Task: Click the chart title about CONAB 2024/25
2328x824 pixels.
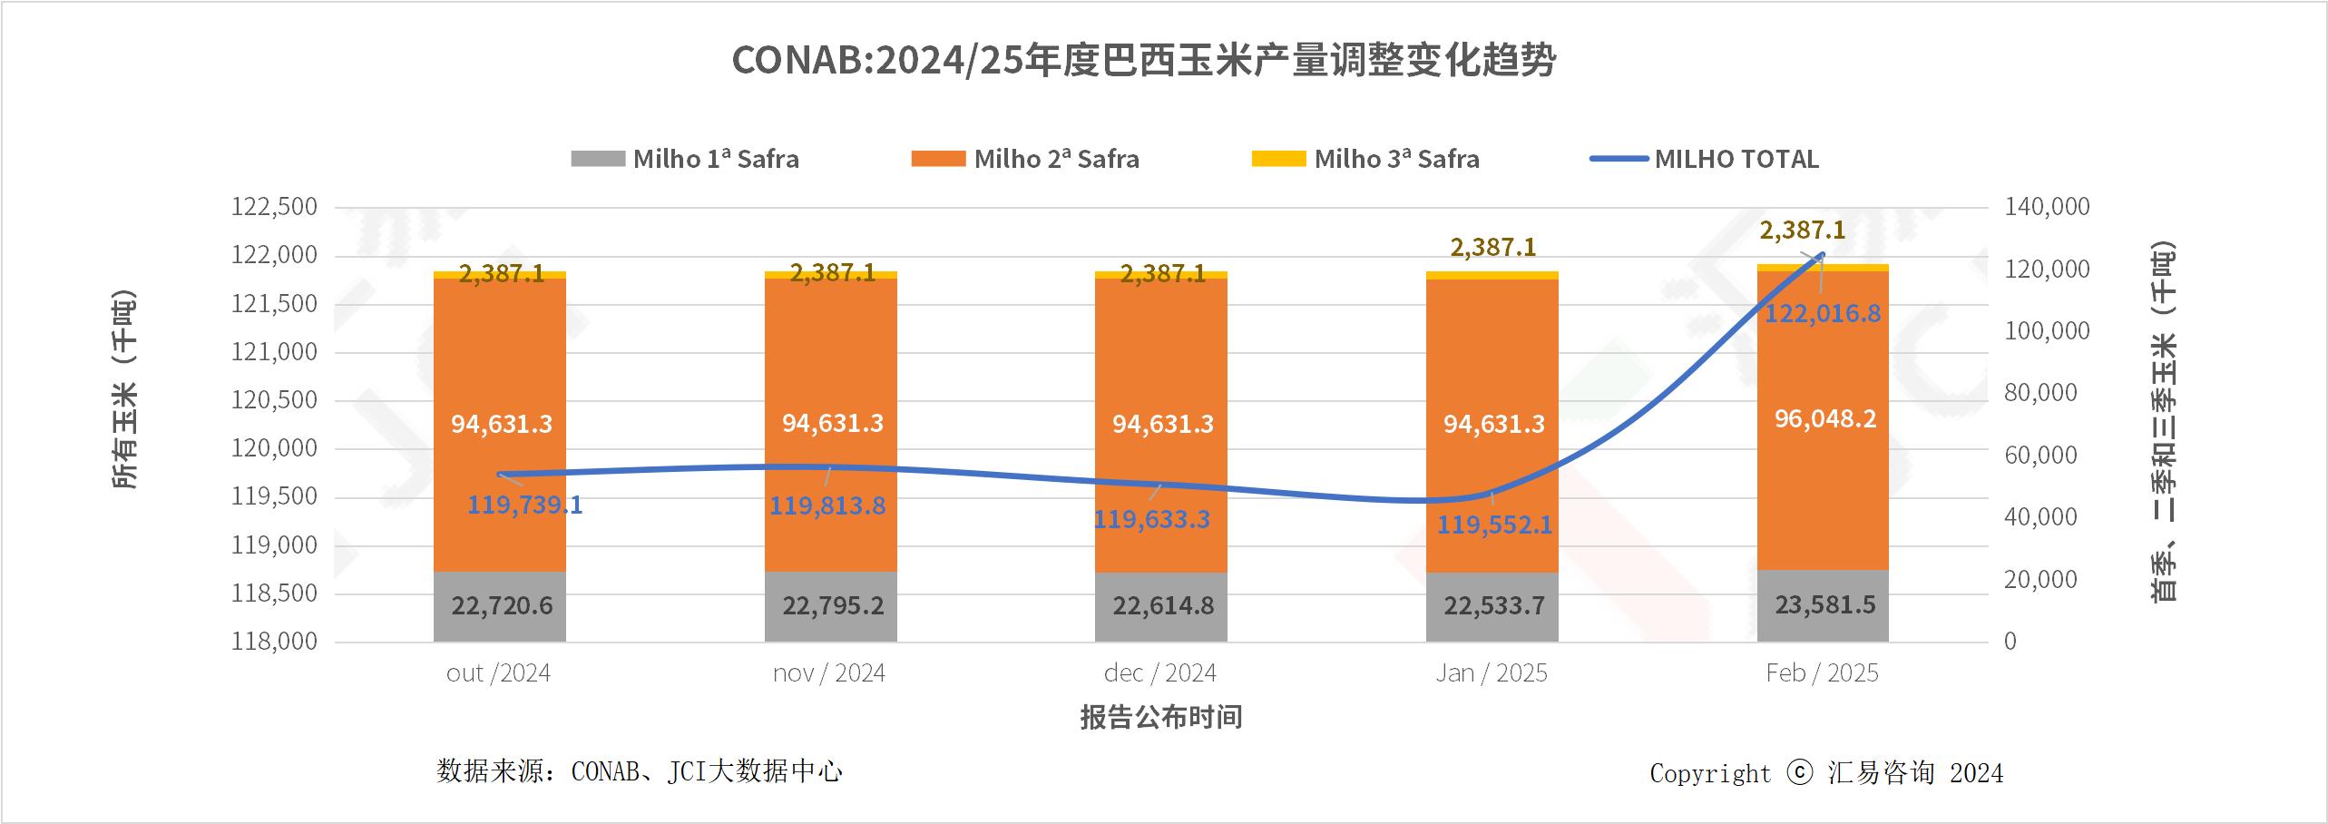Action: pyautogui.click(x=1144, y=61)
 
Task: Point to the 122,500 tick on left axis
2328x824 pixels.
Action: pyautogui.click(x=274, y=207)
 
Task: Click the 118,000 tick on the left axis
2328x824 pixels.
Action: pyautogui.click(x=274, y=642)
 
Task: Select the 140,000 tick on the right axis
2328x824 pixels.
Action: pyautogui.click(x=2046, y=207)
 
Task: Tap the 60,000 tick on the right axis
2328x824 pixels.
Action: pyautogui.click(x=2039, y=456)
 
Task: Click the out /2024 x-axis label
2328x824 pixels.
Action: pyautogui.click(x=498, y=673)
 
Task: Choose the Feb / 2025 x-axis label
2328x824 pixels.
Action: pyautogui.click(x=1822, y=673)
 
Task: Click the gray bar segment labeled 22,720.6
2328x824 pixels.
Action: pyautogui.click(x=501, y=605)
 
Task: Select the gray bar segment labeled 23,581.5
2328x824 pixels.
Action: pyautogui.click(x=1824, y=604)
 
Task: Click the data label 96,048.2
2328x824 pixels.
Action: pyautogui.click(x=1824, y=419)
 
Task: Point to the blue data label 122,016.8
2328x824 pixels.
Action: pyautogui.click(x=1822, y=314)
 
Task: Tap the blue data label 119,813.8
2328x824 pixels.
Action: pyautogui.click(x=827, y=505)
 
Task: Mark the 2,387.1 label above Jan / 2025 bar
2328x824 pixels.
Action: pyautogui.click(x=1492, y=247)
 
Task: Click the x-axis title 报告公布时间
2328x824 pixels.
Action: pyautogui.click(x=1160, y=718)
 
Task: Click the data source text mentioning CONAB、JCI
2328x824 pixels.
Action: pyautogui.click(x=640, y=771)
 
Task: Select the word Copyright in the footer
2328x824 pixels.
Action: pyautogui.click(x=1709, y=773)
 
